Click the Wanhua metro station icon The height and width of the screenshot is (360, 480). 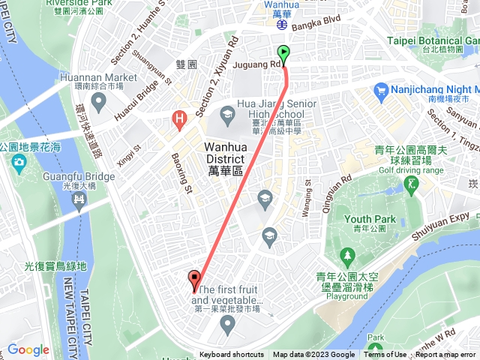[x=283, y=24]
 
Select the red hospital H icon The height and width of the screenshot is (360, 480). [x=178, y=118]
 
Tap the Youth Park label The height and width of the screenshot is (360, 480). [x=364, y=219]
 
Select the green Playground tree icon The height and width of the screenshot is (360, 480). [x=347, y=256]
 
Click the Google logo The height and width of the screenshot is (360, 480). [x=28, y=349]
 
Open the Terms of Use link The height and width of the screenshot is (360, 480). [x=385, y=355]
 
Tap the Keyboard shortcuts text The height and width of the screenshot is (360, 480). [x=231, y=355]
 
